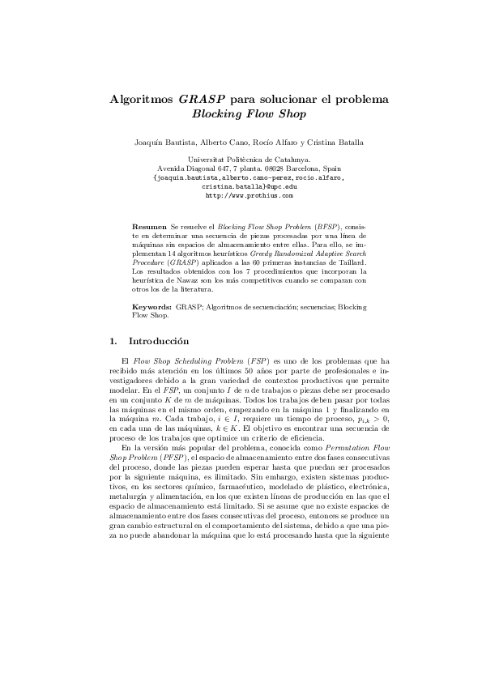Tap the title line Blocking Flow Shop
coord(241,114)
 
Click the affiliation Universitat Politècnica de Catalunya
coord(241,160)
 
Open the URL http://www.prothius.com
coord(241,195)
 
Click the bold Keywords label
coord(151,308)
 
